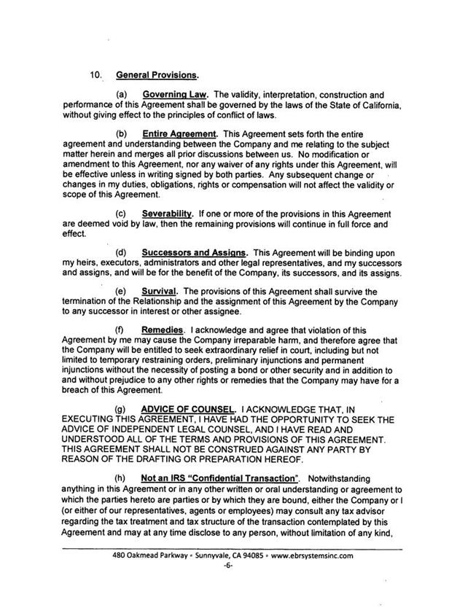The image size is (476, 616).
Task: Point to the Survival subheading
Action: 160,292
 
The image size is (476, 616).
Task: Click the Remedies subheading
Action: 163,330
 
